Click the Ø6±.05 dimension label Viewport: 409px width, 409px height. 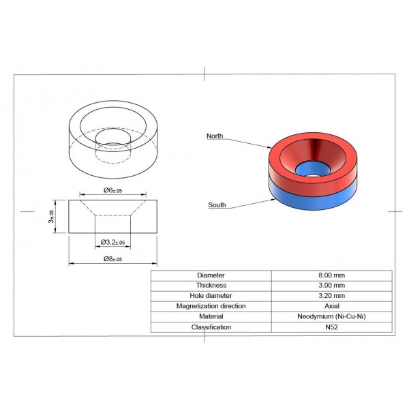tap(112, 190)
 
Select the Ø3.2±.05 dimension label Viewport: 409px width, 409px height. tap(112, 242)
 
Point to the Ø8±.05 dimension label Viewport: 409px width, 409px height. tap(112, 259)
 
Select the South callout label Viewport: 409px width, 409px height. tap(217, 204)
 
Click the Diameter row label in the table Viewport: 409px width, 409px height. tap(211, 275)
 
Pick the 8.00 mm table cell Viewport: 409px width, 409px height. tap(331, 275)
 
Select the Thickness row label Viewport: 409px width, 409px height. tap(211, 285)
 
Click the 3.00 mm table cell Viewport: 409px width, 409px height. tap(331, 285)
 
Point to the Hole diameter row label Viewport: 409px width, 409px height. tap(211, 296)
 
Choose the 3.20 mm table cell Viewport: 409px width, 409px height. tap(331, 296)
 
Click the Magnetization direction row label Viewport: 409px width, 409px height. tap(211, 306)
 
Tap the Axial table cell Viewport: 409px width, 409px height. tap(331, 306)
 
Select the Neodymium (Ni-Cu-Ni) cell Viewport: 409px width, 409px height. tap(331, 316)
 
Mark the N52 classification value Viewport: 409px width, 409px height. tap(331, 327)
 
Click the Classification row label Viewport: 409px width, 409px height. tap(211, 327)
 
